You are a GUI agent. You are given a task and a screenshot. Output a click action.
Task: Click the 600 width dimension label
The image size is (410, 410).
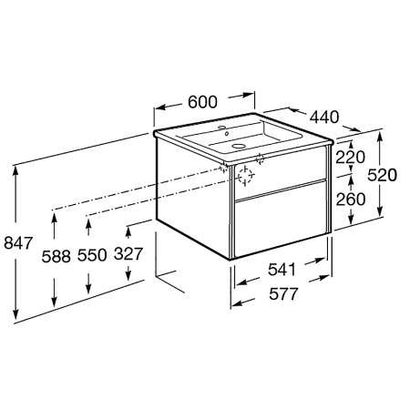[202, 102]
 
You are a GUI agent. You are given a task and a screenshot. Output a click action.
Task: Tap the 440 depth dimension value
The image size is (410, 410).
[324, 117]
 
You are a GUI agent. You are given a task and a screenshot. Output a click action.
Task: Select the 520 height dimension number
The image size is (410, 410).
[382, 175]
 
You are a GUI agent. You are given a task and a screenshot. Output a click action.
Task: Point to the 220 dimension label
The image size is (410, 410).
[350, 157]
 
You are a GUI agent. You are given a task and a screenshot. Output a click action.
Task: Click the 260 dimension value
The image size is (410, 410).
[350, 200]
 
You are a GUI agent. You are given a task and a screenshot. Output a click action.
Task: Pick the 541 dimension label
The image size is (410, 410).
[282, 270]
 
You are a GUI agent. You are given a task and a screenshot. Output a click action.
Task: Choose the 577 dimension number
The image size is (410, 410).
[284, 293]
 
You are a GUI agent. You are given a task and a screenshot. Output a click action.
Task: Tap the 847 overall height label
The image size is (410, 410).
[18, 243]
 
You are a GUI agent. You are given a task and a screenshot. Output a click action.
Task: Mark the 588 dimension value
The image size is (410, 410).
[56, 257]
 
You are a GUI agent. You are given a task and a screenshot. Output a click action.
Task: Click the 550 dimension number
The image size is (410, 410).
[92, 255]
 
